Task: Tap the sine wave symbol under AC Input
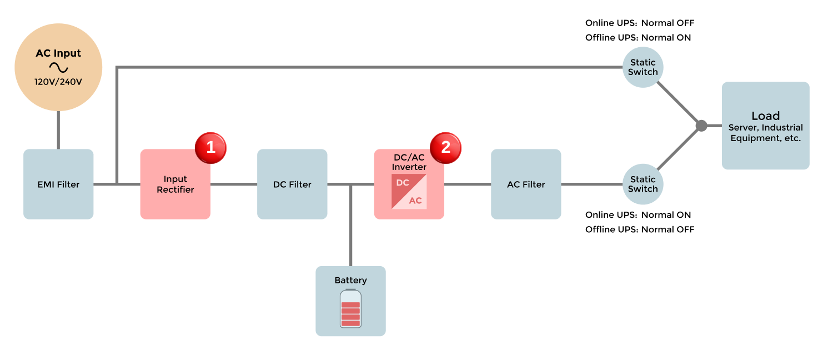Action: pos(58,68)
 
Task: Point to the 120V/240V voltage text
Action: pos(58,82)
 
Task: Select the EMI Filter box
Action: pos(58,184)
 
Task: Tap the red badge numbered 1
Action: pos(210,148)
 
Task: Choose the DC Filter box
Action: pos(292,184)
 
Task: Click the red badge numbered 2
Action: pos(445,148)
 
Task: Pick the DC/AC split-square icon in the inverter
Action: pos(409,192)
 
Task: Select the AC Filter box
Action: pos(526,184)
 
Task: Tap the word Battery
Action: pos(350,281)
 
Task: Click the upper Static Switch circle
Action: pos(643,67)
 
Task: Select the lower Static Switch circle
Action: pos(643,184)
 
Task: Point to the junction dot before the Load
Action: pos(701,126)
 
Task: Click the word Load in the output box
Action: pos(765,116)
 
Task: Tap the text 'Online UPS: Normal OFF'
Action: pos(640,23)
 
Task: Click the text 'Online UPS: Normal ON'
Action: pos(639,215)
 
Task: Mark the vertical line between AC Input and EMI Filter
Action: pos(58,129)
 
